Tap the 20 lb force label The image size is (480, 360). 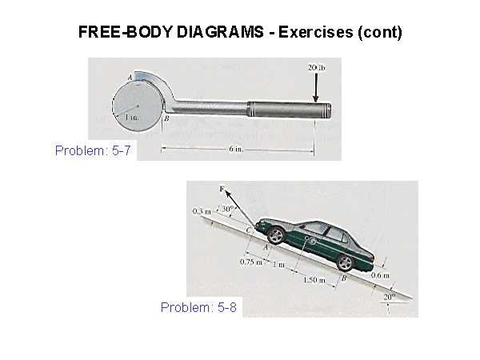(x=317, y=67)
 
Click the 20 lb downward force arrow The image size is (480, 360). (x=316, y=87)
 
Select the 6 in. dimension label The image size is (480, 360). (x=236, y=149)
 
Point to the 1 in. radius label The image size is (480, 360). (x=132, y=117)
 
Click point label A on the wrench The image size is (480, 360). (x=130, y=77)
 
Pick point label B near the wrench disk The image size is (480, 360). (x=166, y=118)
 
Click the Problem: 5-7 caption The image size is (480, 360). (x=93, y=150)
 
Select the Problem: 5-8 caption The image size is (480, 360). (x=198, y=307)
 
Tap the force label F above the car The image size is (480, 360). (x=222, y=189)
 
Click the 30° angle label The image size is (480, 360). (x=228, y=209)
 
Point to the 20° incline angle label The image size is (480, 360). (x=390, y=297)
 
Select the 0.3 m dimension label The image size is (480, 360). (x=202, y=211)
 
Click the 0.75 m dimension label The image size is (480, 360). (x=251, y=262)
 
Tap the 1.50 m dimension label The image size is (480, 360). (x=314, y=279)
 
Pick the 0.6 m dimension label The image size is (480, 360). (x=380, y=275)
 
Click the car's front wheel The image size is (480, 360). (x=277, y=235)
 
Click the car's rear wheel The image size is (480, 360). (x=346, y=262)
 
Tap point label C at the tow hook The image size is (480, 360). (x=249, y=230)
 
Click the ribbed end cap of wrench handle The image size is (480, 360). (x=327, y=111)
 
